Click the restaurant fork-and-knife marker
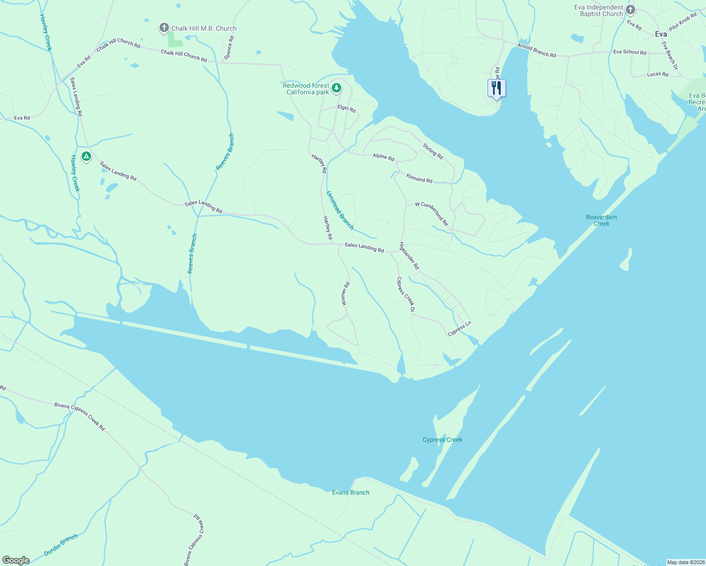[x=496, y=88]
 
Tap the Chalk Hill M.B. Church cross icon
[x=164, y=28]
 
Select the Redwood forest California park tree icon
[x=336, y=88]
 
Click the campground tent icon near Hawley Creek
[x=86, y=156]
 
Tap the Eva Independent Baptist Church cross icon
[x=630, y=10]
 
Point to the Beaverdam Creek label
[x=601, y=220]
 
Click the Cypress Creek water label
[x=442, y=440]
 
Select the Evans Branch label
[x=351, y=492]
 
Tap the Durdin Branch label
[x=61, y=545]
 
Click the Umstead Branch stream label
[x=340, y=210]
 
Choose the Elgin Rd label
[x=346, y=108]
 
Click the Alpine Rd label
[x=383, y=157]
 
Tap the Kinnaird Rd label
[x=419, y=178]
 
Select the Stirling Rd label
[x=433, y=151]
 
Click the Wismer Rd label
[x=345, y=294]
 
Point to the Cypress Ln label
[x=460, y=329]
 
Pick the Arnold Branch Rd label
[x=537, y=50]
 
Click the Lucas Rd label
[x=657, y=74]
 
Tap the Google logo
[x=16, y=560]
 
